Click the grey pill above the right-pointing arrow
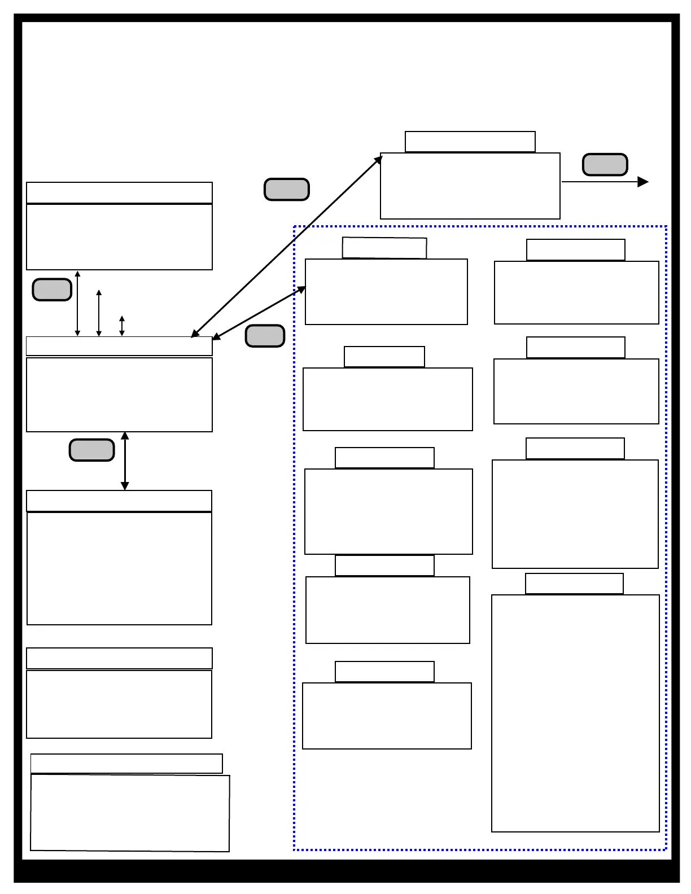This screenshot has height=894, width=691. [605, 165]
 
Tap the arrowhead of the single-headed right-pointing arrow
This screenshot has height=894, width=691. [643, 182]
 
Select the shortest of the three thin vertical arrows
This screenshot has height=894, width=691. [122, 326]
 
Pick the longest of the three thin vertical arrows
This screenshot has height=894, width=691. [78, 304]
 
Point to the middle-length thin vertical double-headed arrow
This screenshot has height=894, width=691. [99, 313]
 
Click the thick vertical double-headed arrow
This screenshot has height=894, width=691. [125, 461]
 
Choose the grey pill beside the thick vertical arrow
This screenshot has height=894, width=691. [91, 450]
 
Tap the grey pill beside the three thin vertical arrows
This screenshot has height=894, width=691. [52, 290]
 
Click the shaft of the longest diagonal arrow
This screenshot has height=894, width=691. [287, 246]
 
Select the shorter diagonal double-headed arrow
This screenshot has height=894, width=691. [259, 314]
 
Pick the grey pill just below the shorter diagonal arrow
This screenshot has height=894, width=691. [265, 336]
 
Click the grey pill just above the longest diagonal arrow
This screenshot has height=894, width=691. [287, 190]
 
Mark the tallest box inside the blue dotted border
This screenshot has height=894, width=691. [575, 713]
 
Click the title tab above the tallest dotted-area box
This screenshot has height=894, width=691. [574, 584]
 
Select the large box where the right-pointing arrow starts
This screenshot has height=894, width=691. [470, 186]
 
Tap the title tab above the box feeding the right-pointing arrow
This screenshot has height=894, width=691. [470, 142]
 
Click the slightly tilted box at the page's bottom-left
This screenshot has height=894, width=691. [130, 813]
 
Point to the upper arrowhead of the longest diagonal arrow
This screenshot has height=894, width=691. [379, 159]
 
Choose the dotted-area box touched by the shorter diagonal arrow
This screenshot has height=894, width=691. [386, 292]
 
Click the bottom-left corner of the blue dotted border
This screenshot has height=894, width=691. [295, 849]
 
